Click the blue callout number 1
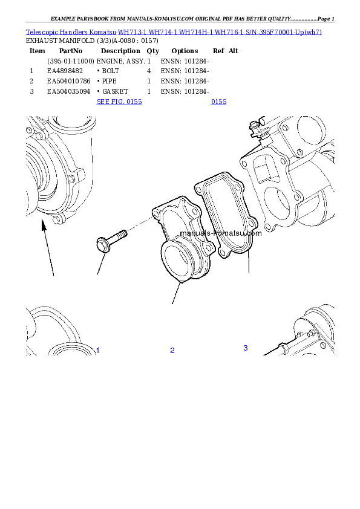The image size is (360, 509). tap(97, 351)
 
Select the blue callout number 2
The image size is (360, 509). tap(172, 351)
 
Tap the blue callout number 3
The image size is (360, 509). tap(245, 348)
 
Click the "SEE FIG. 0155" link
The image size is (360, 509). tap(119, 102)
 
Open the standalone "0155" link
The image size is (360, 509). tap(218, 102)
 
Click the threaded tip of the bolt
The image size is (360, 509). tap(123, 232)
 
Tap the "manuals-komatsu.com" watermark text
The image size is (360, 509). tap(221, 233)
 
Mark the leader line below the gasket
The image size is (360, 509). tap(249, 266)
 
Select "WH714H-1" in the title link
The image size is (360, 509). tap(197, 31)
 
